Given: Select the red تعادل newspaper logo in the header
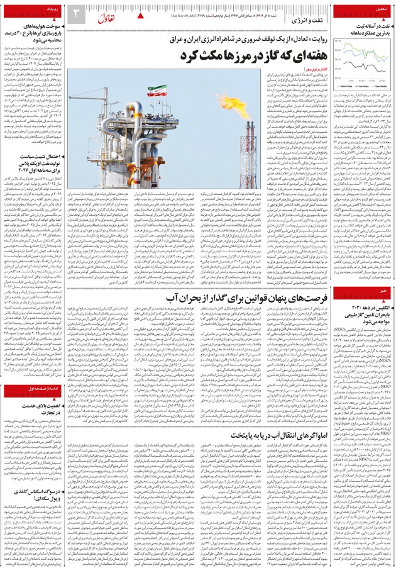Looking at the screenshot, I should coord(105,13).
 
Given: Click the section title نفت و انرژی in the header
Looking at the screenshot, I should coord(308,21).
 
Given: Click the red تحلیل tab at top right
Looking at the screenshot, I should coord(380,9).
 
